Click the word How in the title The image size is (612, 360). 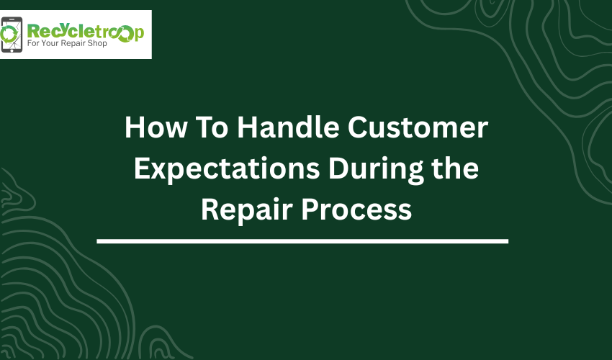click(156, 127)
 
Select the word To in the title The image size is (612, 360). click(212, 127)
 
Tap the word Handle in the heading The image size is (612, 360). click(288, 127)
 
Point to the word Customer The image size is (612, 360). click(418, 127)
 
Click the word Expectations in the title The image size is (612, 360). click(227, 169)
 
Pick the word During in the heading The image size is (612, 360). click(376, 169)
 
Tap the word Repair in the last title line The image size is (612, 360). click(247, 210)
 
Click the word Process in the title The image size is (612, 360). click(356, 210)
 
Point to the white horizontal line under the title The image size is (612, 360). click(302, 241)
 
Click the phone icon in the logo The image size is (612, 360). click(12, 35)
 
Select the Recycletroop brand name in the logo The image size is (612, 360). click(86, 32)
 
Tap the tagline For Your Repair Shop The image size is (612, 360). click(67, 43)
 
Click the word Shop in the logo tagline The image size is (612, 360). click(97, 43)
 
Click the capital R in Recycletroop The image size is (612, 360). click(33, 31)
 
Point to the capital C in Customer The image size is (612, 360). click(357, 127)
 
